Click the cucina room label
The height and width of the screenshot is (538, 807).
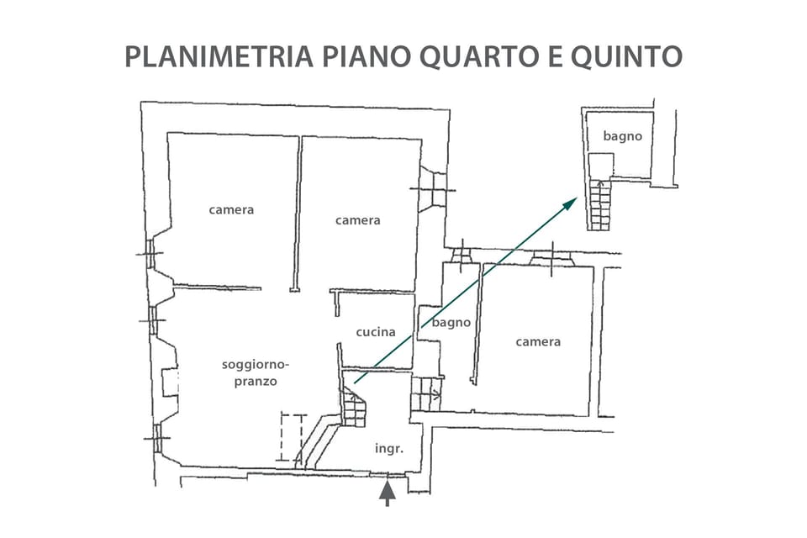tap(375, 332)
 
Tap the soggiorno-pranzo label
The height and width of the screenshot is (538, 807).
tap(256, 372)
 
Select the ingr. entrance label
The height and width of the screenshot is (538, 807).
tap(388, 449)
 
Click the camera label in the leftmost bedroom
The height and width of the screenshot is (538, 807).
tap(231, 209)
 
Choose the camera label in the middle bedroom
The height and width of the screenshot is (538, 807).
tap(358, 220)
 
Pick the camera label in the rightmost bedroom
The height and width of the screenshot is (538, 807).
tap(538, 341)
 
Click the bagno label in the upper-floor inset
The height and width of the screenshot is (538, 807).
tap(622, 135)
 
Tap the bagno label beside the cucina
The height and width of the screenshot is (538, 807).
tap(451, 322)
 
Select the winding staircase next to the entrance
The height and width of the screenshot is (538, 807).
tap(354, 408)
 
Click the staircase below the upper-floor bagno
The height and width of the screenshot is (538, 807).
tap(600, 205)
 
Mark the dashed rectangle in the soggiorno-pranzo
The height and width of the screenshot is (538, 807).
tap(292, 437)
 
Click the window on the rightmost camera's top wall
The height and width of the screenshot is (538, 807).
tap(551, 257)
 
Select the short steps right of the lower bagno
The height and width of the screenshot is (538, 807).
tap(426, 393)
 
